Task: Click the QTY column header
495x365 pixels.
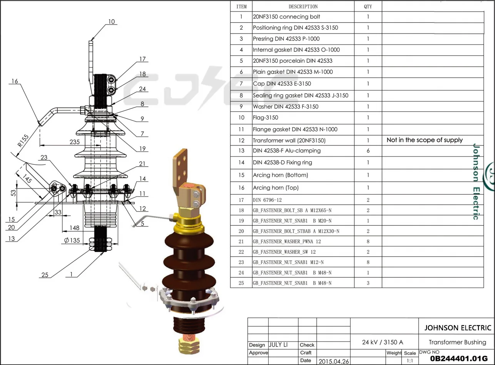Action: tap(368, 7)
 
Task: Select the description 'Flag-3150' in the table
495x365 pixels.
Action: tap(265, 118)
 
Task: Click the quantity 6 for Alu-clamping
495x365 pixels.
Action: tap(368, 151)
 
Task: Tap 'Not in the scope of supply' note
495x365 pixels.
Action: tap(425, 140)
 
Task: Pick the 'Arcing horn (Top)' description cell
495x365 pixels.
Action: tap(275, 188)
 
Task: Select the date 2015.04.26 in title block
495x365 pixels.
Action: tap(333, 361)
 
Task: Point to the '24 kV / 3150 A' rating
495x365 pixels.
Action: tap(383, 342)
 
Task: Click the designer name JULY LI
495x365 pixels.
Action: tap(278, 345)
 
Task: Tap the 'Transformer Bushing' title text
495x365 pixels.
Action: tap(457, 342)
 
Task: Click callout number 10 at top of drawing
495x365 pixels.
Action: tap(111, 22)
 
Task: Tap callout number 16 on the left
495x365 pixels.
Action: tap(15, 81)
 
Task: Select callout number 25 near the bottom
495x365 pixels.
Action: tap(45, 275)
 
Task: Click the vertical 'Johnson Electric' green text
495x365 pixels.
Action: tap(476, 182)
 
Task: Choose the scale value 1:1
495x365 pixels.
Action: tap(410, 361)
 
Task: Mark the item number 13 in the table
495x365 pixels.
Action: tap(241, 151)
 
